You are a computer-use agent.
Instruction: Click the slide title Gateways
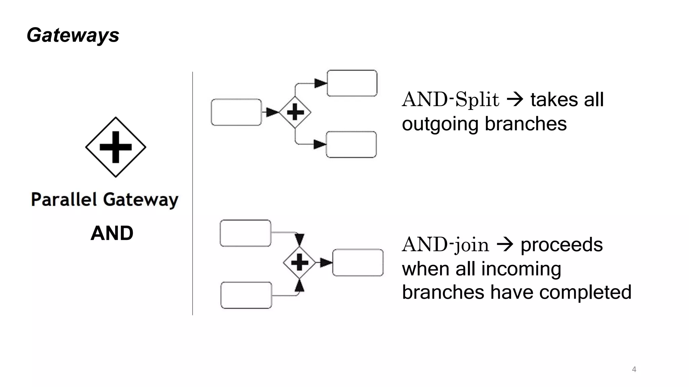coord(73,35)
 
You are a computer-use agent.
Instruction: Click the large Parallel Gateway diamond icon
coord(115,147)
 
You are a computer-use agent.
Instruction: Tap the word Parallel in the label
coord(64,200)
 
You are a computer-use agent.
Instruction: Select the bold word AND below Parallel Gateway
coord(112,233)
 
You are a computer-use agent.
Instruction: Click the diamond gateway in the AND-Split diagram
coord(295,112)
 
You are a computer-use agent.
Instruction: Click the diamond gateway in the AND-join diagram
coord(299,262)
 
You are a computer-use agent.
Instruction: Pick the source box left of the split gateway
coord(236,112)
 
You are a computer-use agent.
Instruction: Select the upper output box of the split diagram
coord(352,83)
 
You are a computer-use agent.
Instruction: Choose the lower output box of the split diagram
coord(351,144)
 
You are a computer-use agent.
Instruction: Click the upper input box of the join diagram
coord(245,233)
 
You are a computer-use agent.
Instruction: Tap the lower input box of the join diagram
coord(246,295)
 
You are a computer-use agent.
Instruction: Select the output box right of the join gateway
coord(358,263)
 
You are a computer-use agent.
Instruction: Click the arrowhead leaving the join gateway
coord(326,263)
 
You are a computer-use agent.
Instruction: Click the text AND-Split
coord(450,100)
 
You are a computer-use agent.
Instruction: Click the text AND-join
coord(445,245)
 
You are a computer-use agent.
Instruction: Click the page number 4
coord(634,369)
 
